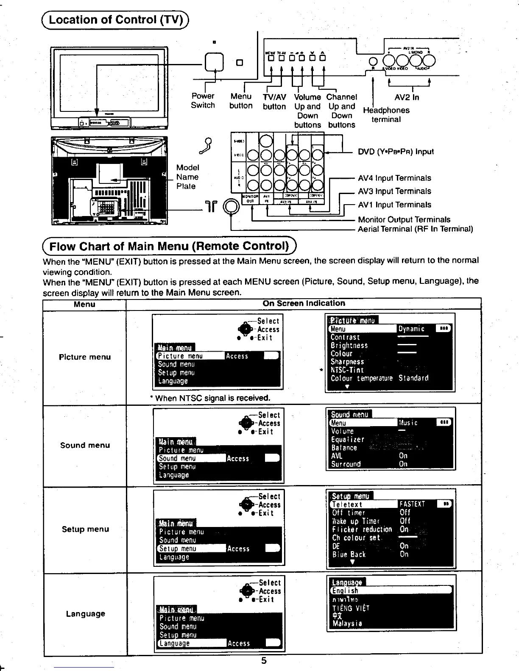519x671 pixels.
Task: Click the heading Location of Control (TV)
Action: click(116, 20)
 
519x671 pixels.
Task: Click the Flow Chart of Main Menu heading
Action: click(169, 246)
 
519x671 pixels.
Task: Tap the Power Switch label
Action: click(203, 101)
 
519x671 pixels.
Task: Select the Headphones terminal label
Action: click(386, 114)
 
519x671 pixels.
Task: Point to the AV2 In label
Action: click(407, 97)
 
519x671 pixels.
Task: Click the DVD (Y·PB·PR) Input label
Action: click(396, 152)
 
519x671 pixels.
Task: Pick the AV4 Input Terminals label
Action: click(394, 178)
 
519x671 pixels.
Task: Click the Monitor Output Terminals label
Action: click(404, 219)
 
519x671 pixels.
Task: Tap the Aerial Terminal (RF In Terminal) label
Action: click(415, 229)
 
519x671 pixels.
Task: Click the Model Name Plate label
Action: click(187, 177)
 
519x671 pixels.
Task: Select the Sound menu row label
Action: click(85, 445)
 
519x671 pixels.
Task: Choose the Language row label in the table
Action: click(85, 614)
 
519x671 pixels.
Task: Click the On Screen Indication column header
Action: click(304, 303)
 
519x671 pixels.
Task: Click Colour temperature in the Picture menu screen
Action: click(361, 378)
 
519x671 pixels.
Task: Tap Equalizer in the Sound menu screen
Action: click(347, 440)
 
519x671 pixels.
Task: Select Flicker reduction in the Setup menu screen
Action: click(362, 530)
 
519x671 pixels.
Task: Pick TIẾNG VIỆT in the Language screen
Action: click(351, 608)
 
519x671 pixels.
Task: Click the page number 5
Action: click(264, 661)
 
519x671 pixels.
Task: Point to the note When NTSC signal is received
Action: click(210, 398)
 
